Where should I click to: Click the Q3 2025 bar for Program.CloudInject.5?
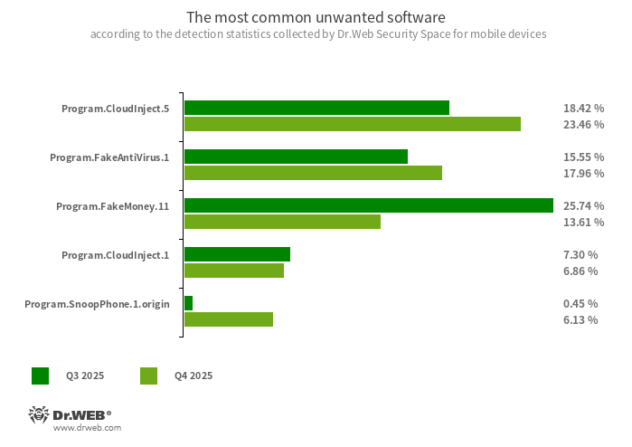[316, 108]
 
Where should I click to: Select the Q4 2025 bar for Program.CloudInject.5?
[353, 124]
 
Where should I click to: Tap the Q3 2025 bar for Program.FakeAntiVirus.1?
[296, 157]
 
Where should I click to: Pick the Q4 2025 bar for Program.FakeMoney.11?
[282, 222]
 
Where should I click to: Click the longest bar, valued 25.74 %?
[368, 205]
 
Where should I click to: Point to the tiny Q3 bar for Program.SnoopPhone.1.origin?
[188, 303]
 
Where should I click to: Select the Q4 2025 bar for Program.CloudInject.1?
[234, 271]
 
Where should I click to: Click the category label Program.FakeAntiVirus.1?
[109, 157]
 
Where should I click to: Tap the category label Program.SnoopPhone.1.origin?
[97, 304]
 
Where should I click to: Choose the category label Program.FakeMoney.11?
[112, 206]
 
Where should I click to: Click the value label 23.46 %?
[583, 125]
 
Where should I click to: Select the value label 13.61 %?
[583, 223]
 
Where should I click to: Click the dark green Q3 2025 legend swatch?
[40, 376]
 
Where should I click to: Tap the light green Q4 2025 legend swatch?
[148, 376]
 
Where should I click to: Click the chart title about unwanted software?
[316, 17]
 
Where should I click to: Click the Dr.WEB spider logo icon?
[38, 415]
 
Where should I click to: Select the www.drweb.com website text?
[87, 428]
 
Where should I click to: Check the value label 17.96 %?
[583, 174]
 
